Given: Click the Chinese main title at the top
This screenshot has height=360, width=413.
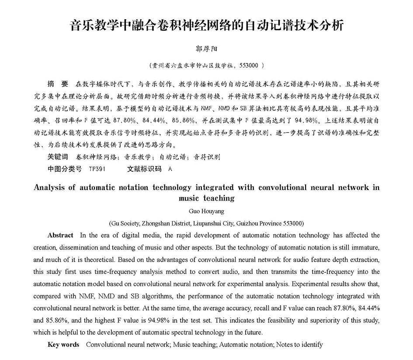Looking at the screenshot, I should click(x=207, y=25).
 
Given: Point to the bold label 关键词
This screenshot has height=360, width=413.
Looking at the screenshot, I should click(x=58, y=157).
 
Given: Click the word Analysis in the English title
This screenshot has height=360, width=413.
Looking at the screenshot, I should click(x=51, y=187).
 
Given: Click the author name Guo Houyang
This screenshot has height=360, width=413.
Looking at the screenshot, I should click(x=206, y=211).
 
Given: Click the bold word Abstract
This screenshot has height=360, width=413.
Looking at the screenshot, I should click(x=60, y=235).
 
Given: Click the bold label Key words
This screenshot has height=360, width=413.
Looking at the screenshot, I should click(x=63, y=345).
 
